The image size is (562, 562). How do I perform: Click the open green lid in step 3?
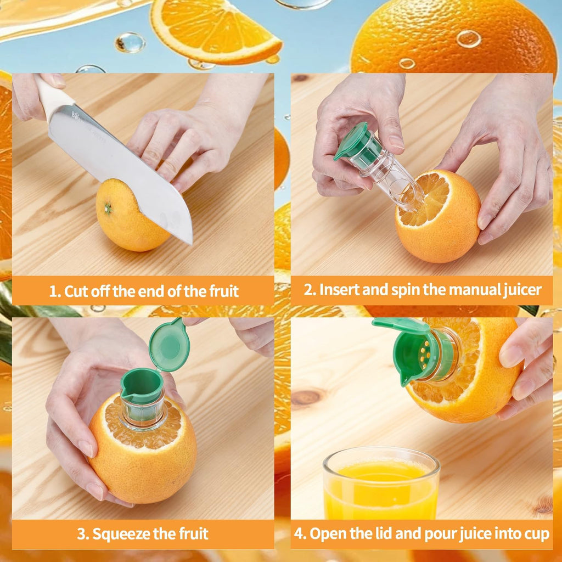170,346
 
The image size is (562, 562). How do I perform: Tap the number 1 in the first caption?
53,291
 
